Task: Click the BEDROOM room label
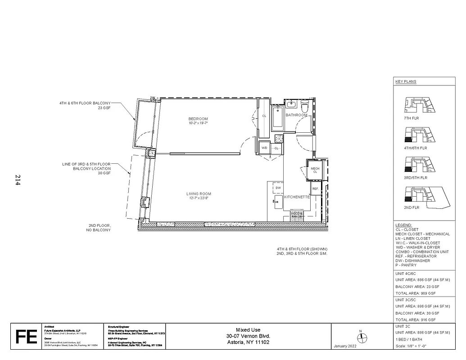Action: (198, 119)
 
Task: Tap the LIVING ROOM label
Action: (199, 194)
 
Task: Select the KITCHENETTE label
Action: (296, 197)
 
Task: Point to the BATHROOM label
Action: (296, 115)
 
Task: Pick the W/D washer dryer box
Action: (264, 148)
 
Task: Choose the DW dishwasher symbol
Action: (278, 188)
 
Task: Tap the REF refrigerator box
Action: (315, 189)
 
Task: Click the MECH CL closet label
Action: (315, 170)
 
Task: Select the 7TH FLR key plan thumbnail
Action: (419, 106)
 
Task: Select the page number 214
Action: (18, 180)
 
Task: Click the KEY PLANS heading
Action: (406, 82)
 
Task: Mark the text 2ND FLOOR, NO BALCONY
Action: (98, 228)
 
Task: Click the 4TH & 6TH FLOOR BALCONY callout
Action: (85, 105)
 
